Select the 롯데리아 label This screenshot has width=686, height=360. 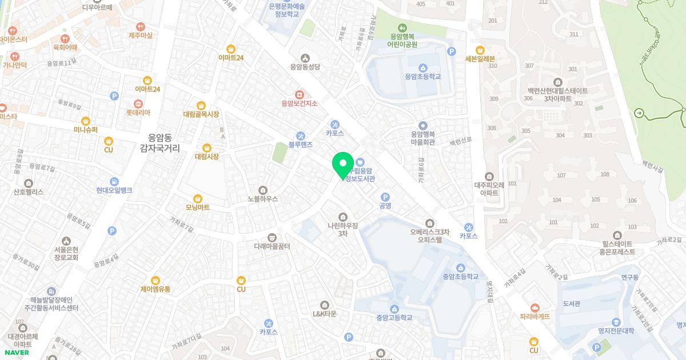coord(138,113)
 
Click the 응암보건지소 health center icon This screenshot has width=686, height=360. coord(299,94)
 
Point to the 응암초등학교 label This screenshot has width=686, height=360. coord(422,76)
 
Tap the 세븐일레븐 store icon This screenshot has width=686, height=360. coord(480,50)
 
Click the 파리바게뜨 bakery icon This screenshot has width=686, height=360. coord(535,307)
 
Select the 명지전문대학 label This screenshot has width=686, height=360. coord(616,331)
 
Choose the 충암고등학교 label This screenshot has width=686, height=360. coord(394,318)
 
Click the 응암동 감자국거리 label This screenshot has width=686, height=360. coord(159,143)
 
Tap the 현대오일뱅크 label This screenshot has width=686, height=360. coord(114,190)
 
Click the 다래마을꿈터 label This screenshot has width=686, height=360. coord(272,246)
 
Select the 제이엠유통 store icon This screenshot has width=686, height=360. coord(155,280)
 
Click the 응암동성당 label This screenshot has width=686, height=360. coord(305,67)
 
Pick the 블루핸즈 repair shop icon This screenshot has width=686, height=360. coord(300,135)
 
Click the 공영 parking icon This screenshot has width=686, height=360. coord(385,197)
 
